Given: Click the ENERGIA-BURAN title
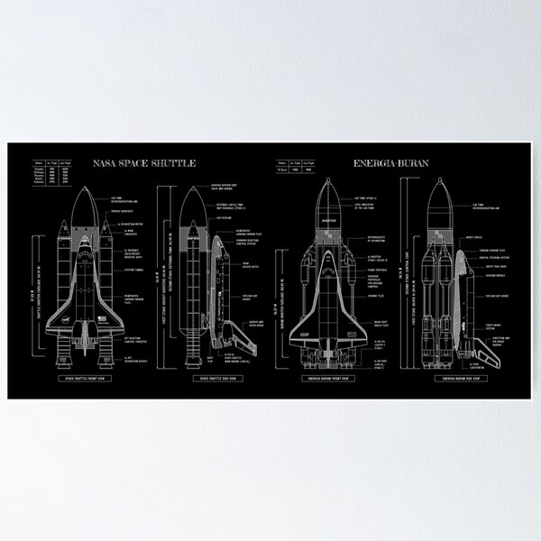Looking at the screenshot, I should pos(393,164).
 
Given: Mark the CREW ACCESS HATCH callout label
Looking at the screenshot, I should pos(249,265).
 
